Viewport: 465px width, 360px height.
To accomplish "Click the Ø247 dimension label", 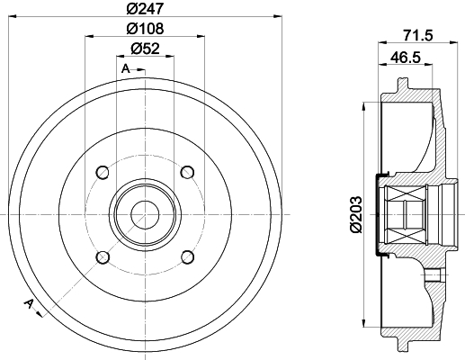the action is point(146,8).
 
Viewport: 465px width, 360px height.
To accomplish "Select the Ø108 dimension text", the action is point(146,29).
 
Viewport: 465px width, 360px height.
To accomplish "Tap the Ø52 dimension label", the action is point(146,49).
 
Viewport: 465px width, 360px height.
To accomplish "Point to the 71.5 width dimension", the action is point(418,36).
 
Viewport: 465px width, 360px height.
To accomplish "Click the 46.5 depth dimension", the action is point(406,57).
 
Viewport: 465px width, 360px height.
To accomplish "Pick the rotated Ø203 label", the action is point(356,214).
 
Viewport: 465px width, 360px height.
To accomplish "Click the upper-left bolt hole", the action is point(103,172).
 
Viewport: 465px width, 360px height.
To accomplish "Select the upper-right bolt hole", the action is point(188,172).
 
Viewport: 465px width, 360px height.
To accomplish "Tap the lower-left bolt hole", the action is point(103,257).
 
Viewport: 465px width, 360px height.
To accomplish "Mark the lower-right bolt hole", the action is point(188,257).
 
